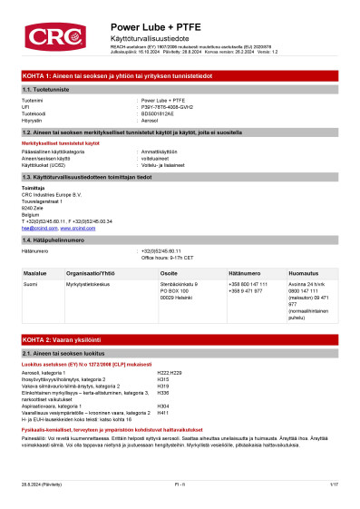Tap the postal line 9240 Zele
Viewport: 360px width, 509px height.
coord(33,208)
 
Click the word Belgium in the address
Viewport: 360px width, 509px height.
coord(31,214)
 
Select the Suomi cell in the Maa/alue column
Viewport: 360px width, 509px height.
coord(30,284)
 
